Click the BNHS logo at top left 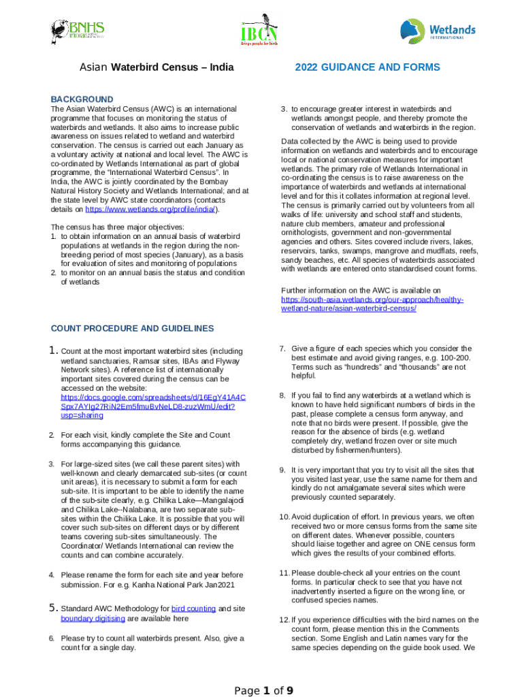pos(78,30)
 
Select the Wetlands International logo pos(437,31)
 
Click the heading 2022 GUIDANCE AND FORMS pos(367,67)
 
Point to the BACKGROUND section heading pos(82,99)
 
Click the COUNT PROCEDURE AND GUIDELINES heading pos(132,329)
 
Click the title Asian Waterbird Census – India pos(157,67)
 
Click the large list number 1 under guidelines pos(55,351)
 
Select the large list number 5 pos(54,608)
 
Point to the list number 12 pos(284,619)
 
